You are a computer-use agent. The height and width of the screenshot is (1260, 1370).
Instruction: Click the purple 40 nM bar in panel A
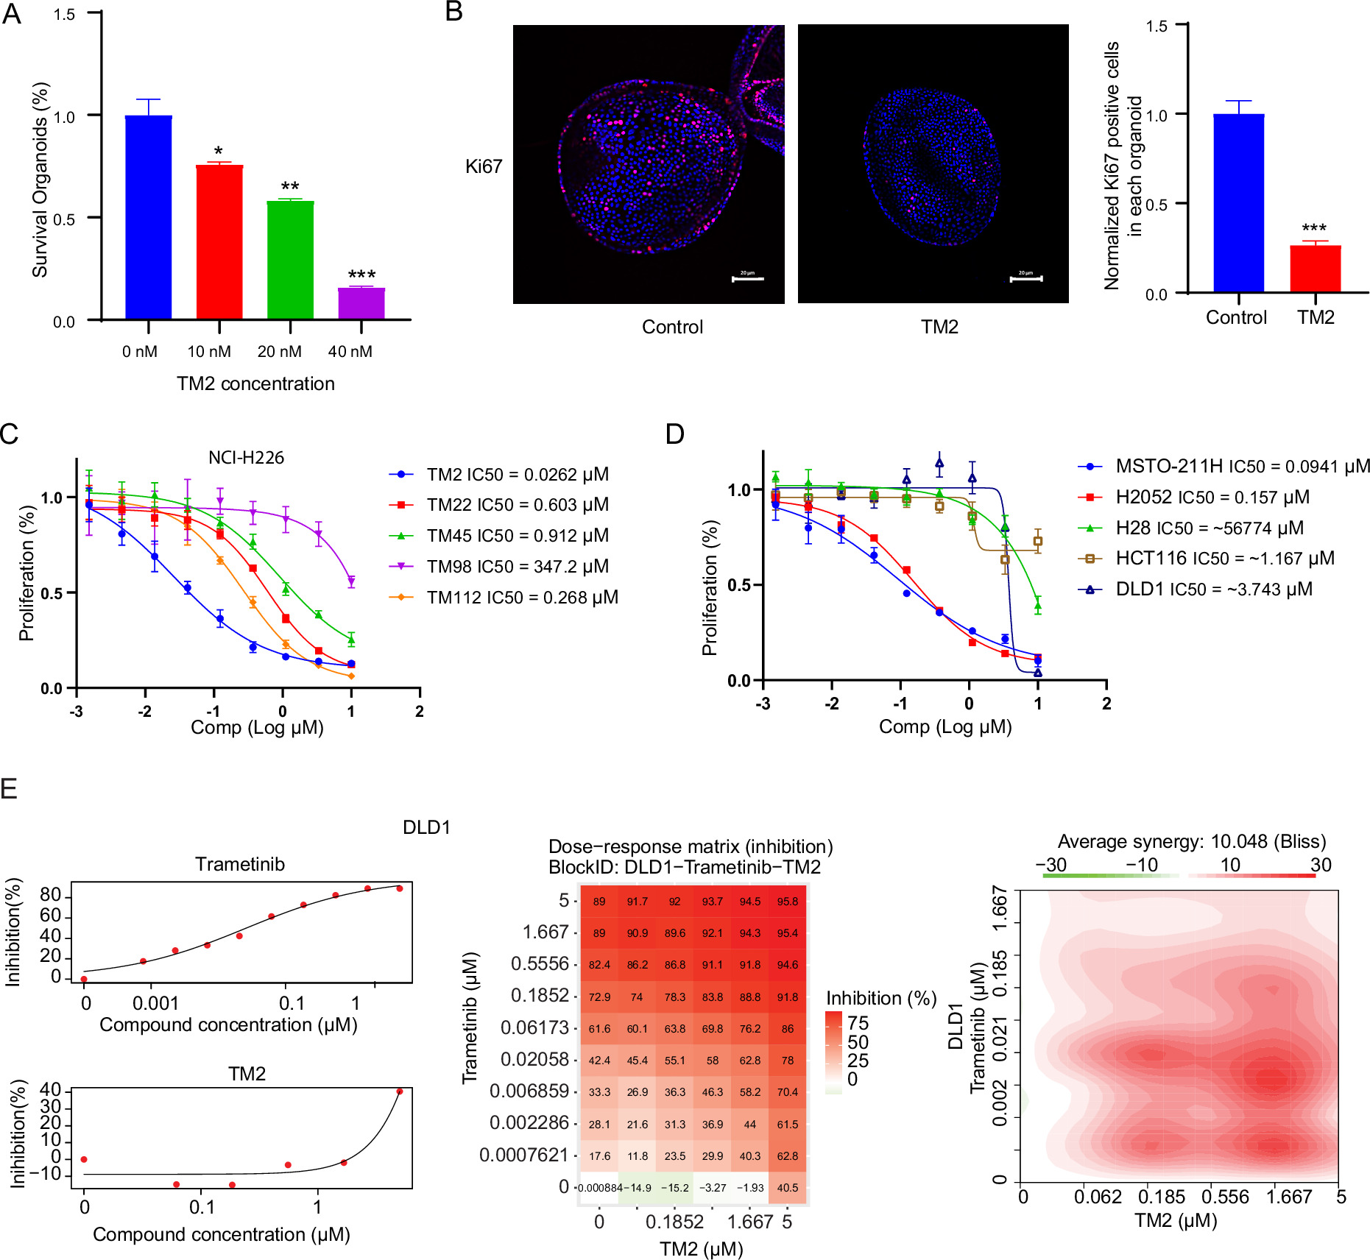361,303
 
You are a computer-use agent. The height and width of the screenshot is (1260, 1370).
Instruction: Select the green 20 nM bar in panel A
290,260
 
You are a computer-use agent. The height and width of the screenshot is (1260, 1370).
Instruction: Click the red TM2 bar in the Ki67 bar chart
1315,269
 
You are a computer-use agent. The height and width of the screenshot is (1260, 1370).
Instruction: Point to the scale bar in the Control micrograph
747,279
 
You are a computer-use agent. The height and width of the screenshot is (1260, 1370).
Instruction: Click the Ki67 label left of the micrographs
483,167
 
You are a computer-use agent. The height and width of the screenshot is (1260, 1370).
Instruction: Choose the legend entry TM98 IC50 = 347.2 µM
517,567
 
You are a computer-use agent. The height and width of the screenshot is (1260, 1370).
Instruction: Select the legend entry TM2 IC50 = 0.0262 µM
517,475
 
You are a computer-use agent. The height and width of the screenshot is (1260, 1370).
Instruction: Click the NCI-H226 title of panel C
246,458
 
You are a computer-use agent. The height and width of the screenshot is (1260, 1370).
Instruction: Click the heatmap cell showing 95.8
787,902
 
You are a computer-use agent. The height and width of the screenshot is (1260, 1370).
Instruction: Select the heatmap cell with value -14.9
637,1188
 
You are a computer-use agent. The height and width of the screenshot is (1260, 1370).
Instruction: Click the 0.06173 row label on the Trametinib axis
534,1027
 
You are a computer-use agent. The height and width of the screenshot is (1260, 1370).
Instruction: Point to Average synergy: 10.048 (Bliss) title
1191,842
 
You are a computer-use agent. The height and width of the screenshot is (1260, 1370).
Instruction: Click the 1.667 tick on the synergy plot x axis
1288,1197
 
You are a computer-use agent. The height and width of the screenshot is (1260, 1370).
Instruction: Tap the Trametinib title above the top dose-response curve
239,865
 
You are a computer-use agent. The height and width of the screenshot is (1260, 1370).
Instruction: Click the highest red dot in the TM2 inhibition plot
400,1091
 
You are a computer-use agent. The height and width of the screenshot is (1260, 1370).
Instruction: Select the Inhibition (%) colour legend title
880,999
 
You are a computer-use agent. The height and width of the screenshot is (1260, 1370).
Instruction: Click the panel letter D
674,434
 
